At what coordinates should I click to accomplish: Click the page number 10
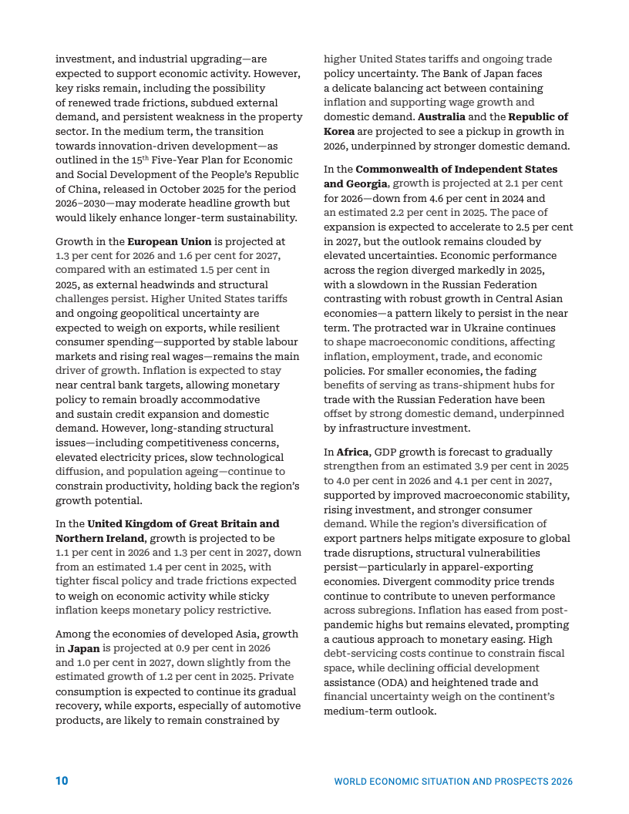coord(62,781)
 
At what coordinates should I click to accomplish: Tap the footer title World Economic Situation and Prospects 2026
coord(453,782)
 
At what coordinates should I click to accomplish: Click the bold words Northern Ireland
coord(99,538)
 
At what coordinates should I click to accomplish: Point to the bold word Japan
coord(84,649)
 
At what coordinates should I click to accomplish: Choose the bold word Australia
coord(442,117)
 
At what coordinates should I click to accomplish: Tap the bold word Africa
coord(353,452)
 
